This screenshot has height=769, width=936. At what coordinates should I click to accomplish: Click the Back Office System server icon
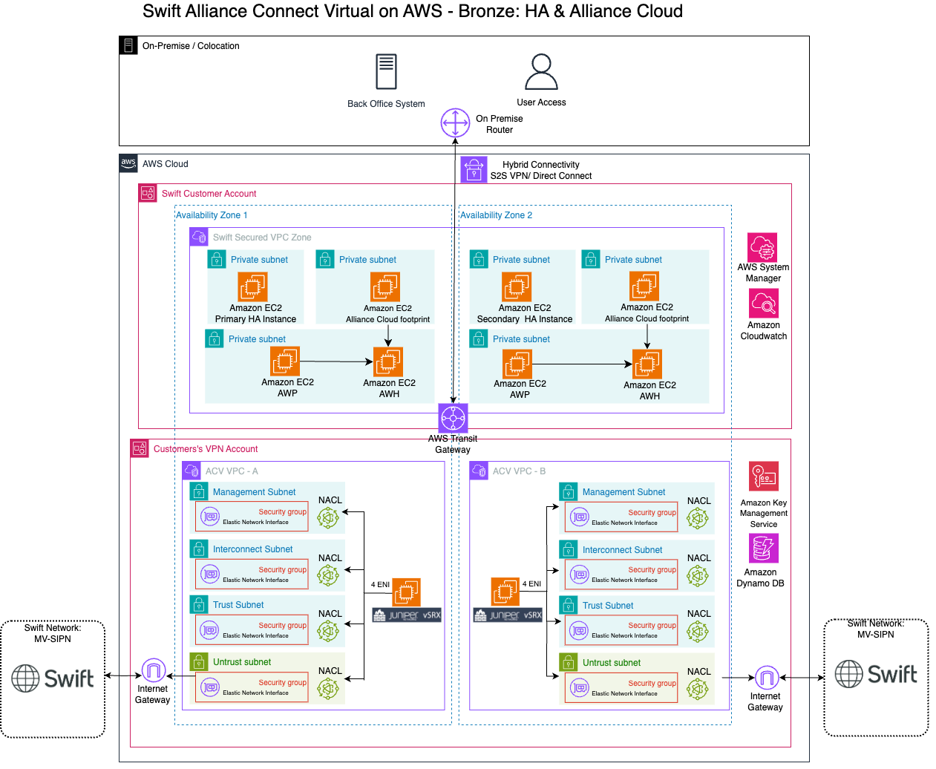(386, 72)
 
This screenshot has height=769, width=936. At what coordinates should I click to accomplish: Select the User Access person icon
(541, 72)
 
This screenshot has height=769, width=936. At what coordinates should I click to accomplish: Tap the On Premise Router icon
(455, 123)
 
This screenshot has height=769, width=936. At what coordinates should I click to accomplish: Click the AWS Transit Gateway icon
(453, 418)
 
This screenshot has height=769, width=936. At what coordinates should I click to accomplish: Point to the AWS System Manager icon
(762, 247)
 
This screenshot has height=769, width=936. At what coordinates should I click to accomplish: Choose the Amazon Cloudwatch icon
(763, 304)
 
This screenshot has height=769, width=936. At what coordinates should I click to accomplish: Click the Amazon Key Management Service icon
(763, 477)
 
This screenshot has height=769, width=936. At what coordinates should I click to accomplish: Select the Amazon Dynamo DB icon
(763, 549)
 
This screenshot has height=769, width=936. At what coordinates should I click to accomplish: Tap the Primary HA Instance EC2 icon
(252, 287)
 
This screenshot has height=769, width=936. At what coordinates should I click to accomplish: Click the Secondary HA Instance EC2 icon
(517, 287)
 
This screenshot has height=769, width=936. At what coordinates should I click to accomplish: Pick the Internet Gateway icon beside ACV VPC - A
(153, 671)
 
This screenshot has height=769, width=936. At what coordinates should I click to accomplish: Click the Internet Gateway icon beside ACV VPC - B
(766, 678)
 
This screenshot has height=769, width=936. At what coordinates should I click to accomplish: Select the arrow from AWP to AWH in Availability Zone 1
(336, 361)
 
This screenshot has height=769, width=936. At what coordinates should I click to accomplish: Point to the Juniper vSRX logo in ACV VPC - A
(407, 615)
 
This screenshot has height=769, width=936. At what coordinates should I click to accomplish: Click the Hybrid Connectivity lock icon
(474, 170)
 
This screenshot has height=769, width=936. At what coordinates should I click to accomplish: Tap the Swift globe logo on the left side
(26, 678)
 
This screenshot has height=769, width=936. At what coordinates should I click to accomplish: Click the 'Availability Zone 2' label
(496, 215)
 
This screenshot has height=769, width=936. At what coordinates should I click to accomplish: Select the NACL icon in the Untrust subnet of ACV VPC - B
(697, 690)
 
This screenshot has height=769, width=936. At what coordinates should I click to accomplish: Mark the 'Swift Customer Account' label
(209, 194)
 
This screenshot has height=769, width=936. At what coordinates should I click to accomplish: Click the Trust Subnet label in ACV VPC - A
(238, 605)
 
